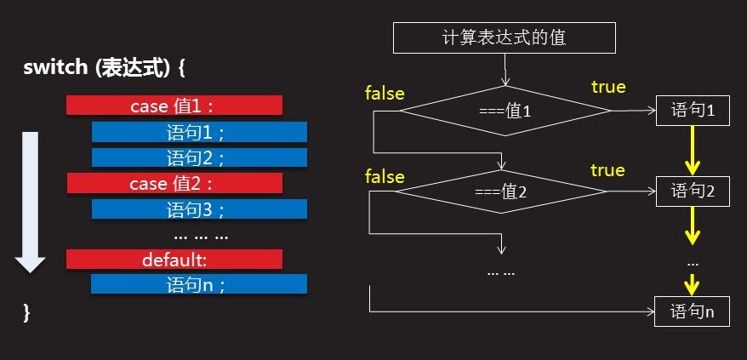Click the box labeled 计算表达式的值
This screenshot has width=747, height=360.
click(504, 37)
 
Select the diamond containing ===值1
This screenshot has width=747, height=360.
click(505, 111)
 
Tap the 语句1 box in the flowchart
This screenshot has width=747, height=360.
click(693, 111)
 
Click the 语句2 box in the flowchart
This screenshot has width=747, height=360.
click(693, 191)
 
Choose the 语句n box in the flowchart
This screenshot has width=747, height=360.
click(693, 311)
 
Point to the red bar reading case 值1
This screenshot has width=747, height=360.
click(174, 106)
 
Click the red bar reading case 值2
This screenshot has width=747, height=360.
click(174, 183)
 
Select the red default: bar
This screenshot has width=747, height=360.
click(174, 260)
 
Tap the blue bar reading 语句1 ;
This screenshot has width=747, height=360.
click(199, 132)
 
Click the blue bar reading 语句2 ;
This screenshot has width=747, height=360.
click(199, 157)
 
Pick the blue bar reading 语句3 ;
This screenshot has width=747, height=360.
click(199, 209)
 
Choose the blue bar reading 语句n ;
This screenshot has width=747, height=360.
click(199, 284)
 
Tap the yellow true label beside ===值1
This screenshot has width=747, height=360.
click(607, 87)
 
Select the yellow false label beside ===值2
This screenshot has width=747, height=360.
click(385, 176)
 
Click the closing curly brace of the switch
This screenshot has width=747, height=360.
click(27, 313)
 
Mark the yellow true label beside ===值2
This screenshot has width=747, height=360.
click(607, 170)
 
